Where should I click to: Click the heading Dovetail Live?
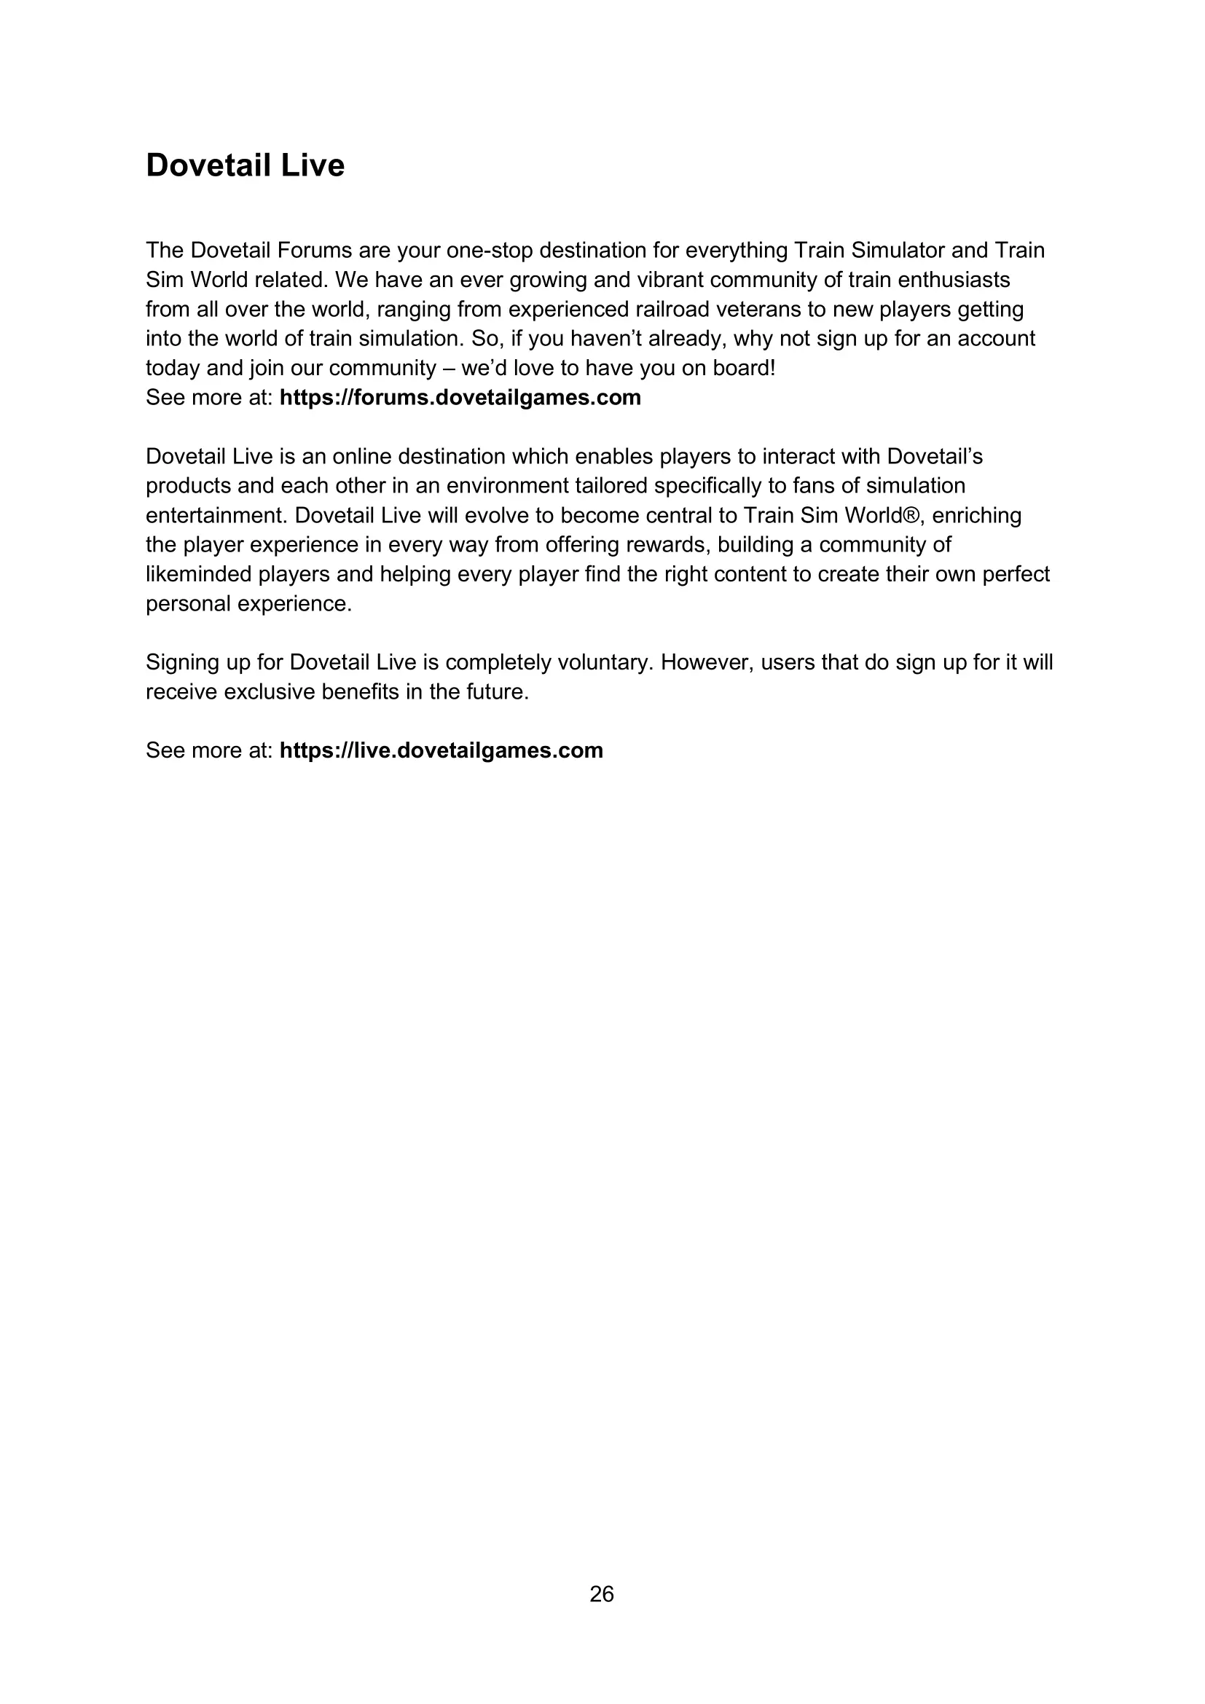(245, 165)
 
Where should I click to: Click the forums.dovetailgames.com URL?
(460, 398)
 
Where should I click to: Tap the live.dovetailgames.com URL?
(441, 750)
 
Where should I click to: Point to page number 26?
(602, 1593)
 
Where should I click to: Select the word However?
(707, 663)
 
